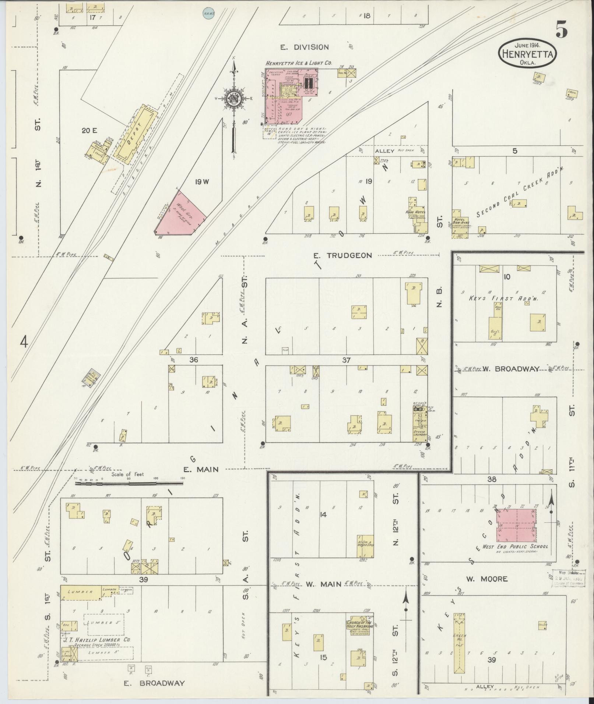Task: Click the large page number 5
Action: point(561,30)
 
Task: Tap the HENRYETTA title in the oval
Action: point(527,54)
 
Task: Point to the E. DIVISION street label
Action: point(309,47)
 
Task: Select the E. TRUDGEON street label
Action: point(342,255)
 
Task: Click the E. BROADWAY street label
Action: point(154,683)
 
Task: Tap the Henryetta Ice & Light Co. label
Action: point(299,63)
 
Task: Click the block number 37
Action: point(346,360)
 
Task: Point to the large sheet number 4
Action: point(24,342)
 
